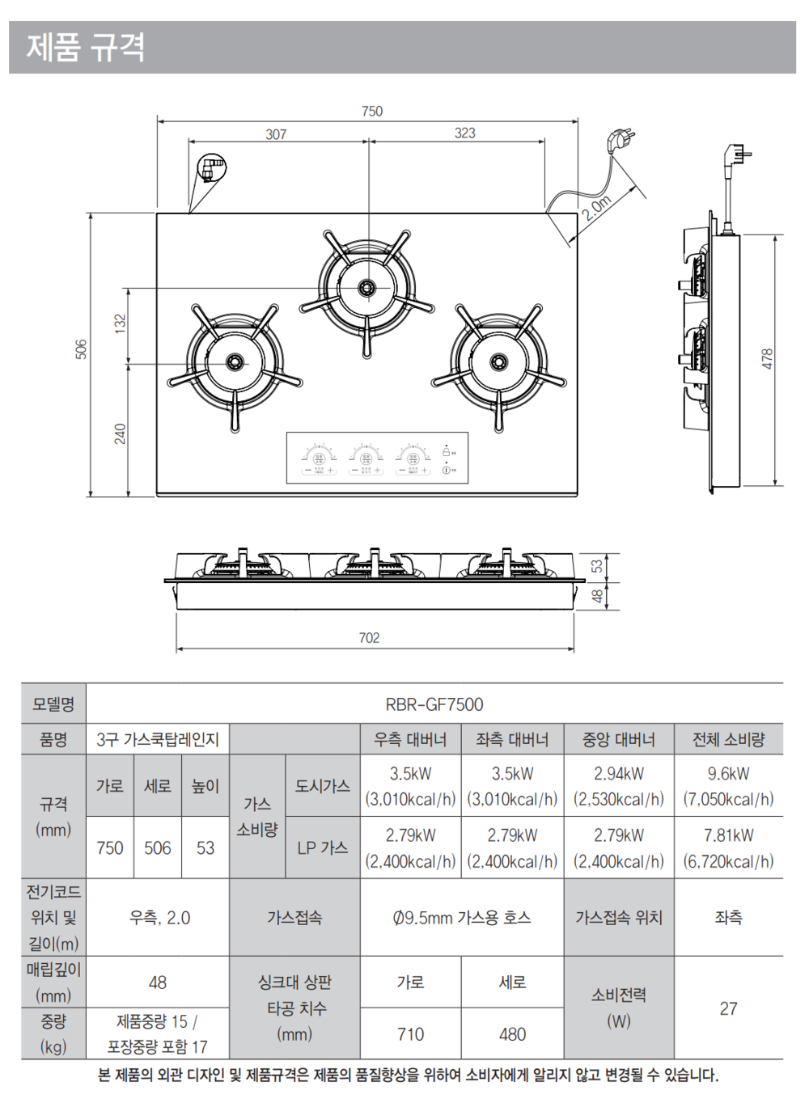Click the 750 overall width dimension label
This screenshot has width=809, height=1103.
pyautogui.click(x=372, y=112)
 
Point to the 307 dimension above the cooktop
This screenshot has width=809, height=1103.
pyautogui.click(x=276, y=134)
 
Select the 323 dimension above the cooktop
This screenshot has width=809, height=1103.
pyautogui.click(x=465, y=133)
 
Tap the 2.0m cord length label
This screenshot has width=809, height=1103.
pyautogui.click(x=596, y=208)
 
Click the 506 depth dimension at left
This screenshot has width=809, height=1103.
pyautogui.click(x=81, y=349)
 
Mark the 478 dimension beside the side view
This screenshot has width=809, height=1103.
pyautogui.click(x=767, y=359)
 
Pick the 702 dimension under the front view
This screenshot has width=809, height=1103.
pyautogui.click(x=369, y=638)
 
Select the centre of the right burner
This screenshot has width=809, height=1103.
pyautogui.click(x=499, y=361)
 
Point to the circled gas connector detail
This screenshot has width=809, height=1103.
pyautogui.click(x=212, y=168)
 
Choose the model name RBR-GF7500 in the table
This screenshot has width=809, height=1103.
pyautogui.click(x=434, y=704)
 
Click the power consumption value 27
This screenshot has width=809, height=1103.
pyautogui.click(x=728, y=1008)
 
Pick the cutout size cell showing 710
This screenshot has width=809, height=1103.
pyautogui.click(x=410, y=1034)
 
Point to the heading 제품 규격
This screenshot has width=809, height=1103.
pyautogui.click(x=86, y=47)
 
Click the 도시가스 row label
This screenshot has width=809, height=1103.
pyautogui.click(x=322, y=786)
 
